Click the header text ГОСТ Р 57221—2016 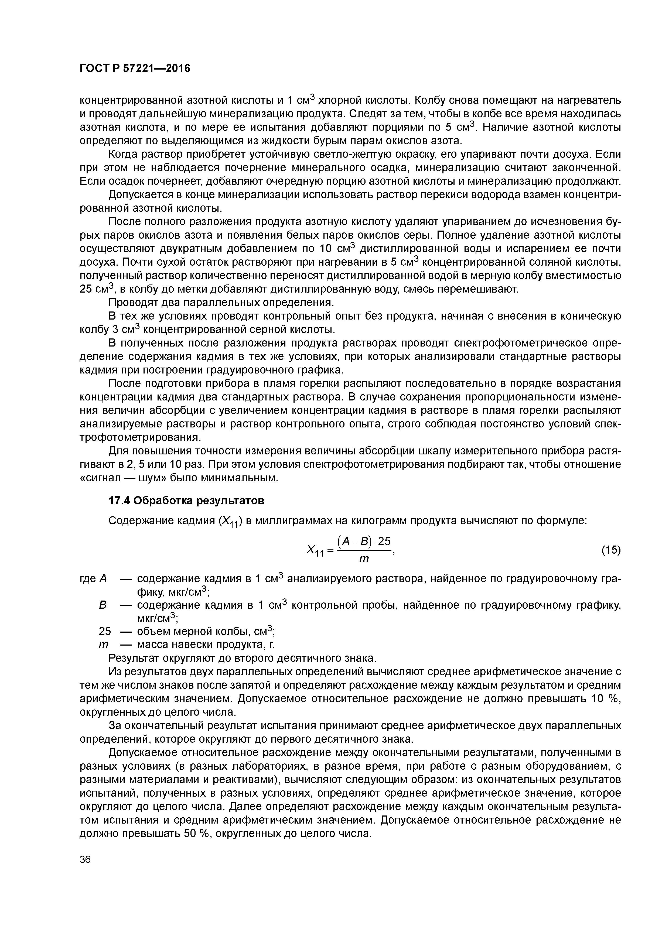coord(135,68)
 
